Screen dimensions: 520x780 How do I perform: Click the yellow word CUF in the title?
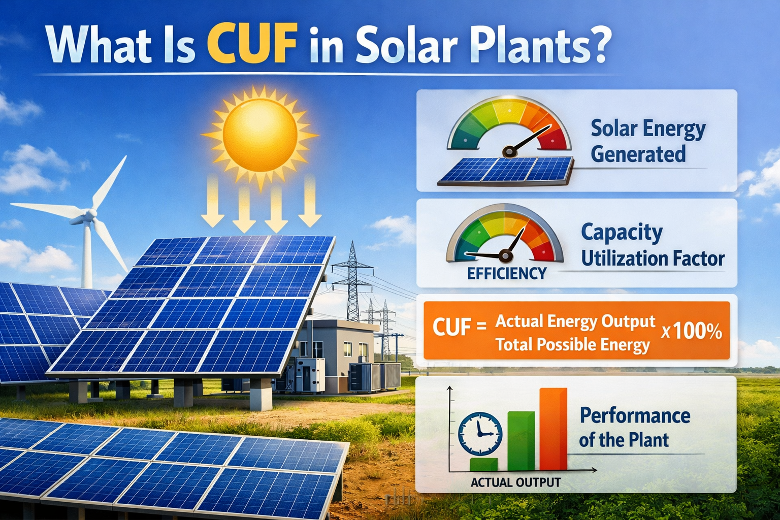click(x=252, y=44)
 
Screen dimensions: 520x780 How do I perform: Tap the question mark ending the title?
click(x=595, y=44)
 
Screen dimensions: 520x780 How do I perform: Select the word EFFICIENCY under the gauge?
click(x=506, y=274)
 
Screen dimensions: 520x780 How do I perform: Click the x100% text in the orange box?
click(x=692, y=332)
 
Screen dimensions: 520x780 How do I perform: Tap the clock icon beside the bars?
click(x=480, y=433)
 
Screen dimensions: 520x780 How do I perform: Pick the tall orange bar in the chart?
click(x=553, y=429)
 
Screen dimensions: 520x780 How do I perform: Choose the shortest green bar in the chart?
click(x=483, y=464)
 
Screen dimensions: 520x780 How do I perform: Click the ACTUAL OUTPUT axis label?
click(x=515, y=482)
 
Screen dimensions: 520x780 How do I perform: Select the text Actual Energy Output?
click(x=575, y=321)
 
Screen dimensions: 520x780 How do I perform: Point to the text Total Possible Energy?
click(x=572, y=345)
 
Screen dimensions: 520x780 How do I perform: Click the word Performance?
click(x=635, y=415)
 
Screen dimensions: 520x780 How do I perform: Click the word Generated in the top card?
click(x=638, y=154)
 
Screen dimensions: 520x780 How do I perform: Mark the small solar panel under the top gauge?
click(x=505, y=170)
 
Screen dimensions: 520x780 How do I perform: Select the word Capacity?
click(x=622, y=233)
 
